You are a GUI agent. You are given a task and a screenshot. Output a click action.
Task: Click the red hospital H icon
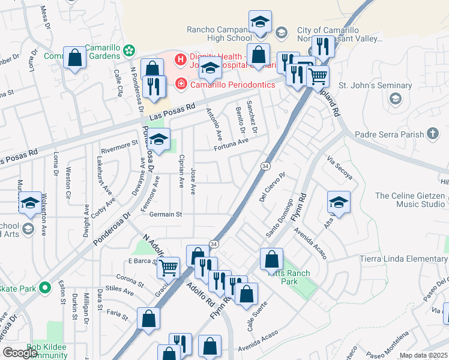click(x=179, y=59)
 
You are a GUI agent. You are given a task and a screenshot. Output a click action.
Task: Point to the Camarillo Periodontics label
click(x=232, y=85)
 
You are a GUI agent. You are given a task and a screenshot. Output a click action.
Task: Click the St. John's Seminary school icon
click(x=395, y=99)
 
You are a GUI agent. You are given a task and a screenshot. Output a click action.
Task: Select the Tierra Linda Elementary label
click(x=411, y=259)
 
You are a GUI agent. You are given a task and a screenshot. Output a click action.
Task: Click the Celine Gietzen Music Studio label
click(x=412, y=200)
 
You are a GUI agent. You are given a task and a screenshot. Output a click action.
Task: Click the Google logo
click(x=20, y=352)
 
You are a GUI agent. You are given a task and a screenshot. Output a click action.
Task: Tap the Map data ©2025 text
click(x=423, y=356)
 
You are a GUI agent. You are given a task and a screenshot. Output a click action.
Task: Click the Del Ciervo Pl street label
click(x=271, y=187)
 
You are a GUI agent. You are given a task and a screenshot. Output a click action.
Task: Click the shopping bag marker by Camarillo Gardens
click(x=75, y=58)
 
